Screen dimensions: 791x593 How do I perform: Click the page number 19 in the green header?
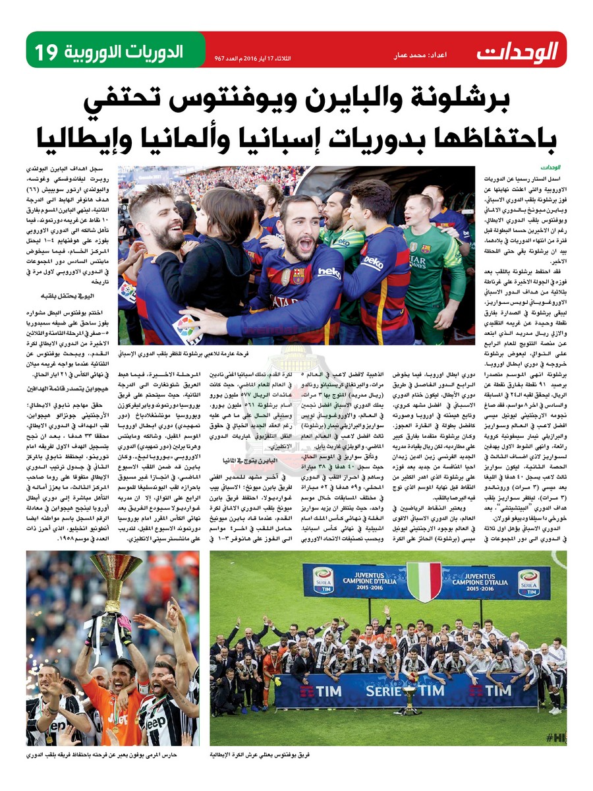[47, 51]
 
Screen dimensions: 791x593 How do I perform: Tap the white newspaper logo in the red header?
[517, 51]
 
